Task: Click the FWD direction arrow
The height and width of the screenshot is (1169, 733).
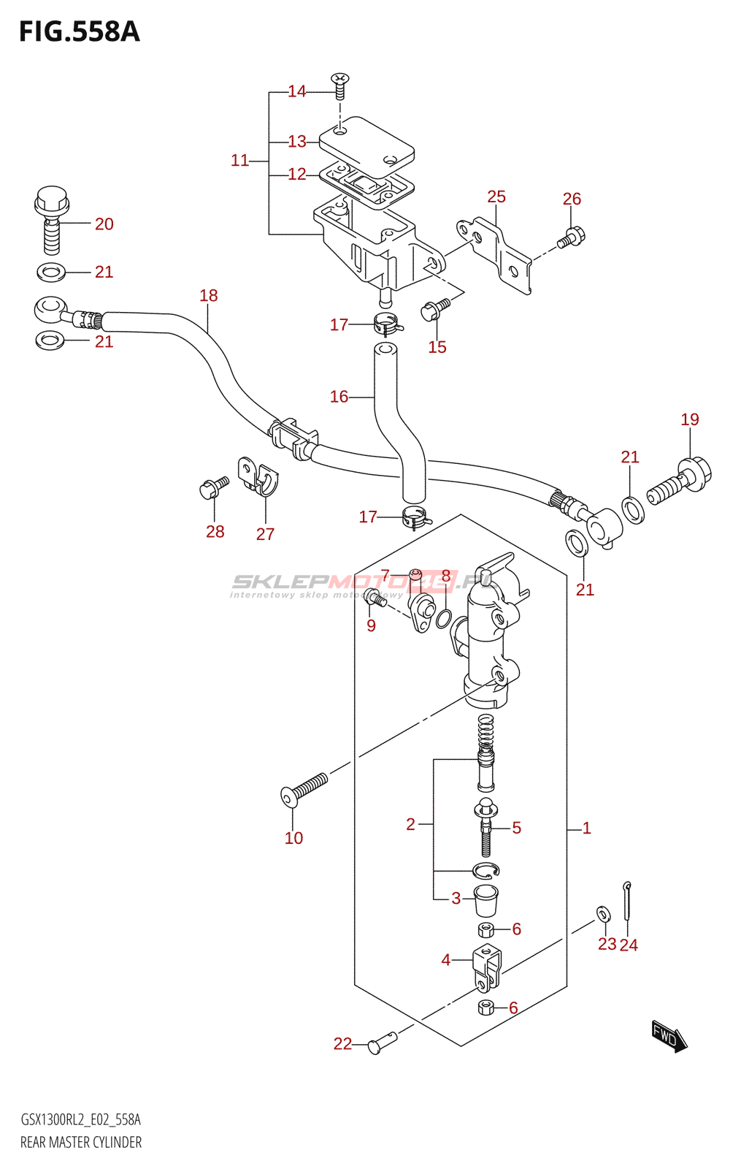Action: click(x=669, y=1036)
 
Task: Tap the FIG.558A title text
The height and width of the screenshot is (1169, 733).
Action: click(x=79, y=32)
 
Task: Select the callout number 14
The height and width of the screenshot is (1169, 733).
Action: click(x=296, y=91)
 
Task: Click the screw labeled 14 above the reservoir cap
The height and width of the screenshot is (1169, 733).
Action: click(x=339, y=85)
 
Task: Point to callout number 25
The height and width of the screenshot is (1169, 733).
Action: click(x=496, y=197)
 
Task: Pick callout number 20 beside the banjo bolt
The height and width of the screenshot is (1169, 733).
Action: click(x=104, y=224)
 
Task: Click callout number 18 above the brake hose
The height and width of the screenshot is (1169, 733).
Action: click(x=209, y=295)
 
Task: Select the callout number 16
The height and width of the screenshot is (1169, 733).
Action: click(x=339, y=397)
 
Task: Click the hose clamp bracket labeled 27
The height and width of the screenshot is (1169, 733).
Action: click(x=258, y=476)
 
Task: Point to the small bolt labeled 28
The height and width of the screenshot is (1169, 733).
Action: click(x=212, y=487)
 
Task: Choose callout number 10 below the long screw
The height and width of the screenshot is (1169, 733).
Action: click(x=293, y=838)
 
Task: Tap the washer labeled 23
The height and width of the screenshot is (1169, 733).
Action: click(x=603, y=913)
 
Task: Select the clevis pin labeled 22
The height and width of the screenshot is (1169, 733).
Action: click(x=382, y=1044)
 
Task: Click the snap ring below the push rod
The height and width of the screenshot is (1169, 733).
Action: click(x=485, y=870)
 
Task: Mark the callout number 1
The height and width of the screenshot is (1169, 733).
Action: click(x=586, y=829)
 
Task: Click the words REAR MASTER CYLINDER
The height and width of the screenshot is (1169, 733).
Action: click(x=81, y=1142)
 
